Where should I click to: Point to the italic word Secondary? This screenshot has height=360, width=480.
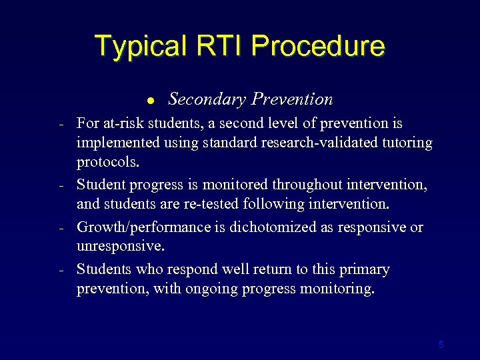tap(205, 99)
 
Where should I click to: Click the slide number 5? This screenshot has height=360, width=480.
tap(441, 345)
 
